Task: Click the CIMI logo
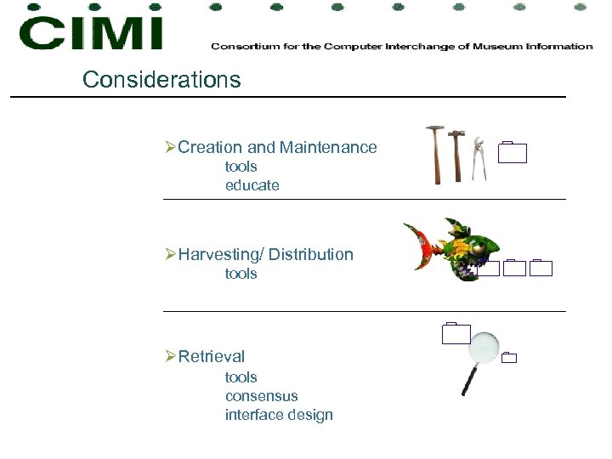click(x=90, y=32)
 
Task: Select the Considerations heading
click(x=161, y=80)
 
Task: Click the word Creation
click(x=210, y=147)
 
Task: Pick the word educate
click(x=252, y=185)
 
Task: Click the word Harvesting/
click(x=218, y=254)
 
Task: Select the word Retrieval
click(x=211, y=356)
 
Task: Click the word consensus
click(x=262, y=396)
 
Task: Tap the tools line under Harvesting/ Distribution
click(x=241, y=274)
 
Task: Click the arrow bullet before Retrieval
click(x=170, y=356)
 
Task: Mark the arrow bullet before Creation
click(x=170, y=147)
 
